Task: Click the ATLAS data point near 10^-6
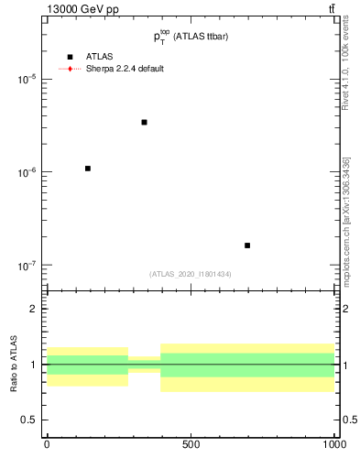(x=87, y=169)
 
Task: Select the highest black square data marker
(x=144, y=122)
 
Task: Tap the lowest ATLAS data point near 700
(x=247, y=245)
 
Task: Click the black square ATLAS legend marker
(x=70, y=57)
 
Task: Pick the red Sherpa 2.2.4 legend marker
(x=70, y=69)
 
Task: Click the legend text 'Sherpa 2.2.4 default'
(x=125, y=69)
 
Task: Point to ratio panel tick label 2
(x=35, y=309)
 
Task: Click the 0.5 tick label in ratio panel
(x=31, y=420)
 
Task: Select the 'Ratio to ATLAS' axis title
(x=12, y=364)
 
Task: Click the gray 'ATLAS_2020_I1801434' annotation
(x=191, y=274)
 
